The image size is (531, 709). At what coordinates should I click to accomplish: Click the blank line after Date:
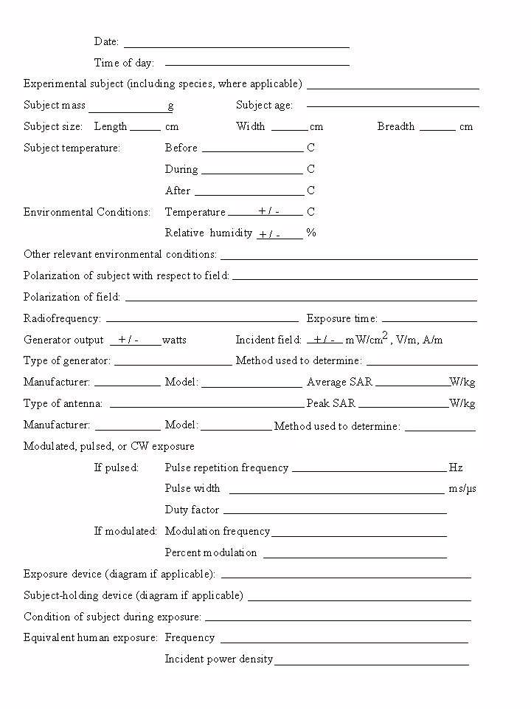point(236,46)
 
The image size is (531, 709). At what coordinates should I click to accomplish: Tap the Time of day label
point(124,63)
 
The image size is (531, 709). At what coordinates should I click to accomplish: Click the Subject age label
point(264,106)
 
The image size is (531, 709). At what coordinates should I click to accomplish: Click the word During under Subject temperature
point(181,169)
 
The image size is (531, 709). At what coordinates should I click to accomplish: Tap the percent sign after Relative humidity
point(311,233)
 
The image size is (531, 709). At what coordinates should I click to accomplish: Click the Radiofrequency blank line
point(202,321)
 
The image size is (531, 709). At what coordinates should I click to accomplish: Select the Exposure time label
point(342,319)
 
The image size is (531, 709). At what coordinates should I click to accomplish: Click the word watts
point(174,340)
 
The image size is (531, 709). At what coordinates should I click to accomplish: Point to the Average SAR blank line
point(412,386)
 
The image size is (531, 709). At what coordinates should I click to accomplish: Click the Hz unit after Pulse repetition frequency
point(456,467)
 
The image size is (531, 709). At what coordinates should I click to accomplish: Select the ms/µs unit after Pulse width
point(462,489)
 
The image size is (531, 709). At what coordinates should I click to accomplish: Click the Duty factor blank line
point(335,513)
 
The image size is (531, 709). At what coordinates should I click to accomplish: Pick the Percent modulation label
point(211,552)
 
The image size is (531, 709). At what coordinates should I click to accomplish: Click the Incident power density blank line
point(371,664)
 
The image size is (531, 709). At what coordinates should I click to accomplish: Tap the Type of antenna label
point(63,403)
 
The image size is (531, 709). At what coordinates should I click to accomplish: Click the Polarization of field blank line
point(301,300)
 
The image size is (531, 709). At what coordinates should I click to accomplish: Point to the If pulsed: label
point(117,467)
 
